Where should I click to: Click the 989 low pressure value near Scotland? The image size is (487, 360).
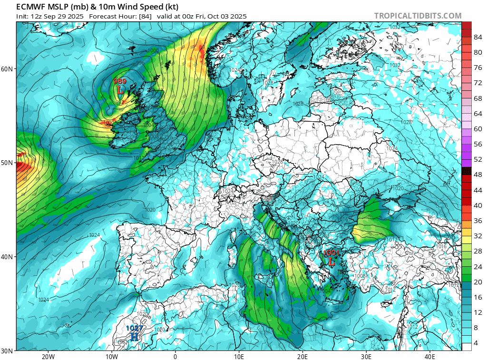tap(120, 82)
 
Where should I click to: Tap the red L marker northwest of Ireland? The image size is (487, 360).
tap(120, 89)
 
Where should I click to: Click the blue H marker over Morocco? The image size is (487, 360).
tap(134, 336)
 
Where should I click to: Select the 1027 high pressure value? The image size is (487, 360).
tap(134, 328)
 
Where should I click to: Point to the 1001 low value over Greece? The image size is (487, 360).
tap(331, 253)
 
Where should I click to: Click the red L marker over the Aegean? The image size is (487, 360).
tap(331, 262)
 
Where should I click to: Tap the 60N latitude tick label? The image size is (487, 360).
tap(7, 69)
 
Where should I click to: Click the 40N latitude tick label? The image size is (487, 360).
tap(7, 257)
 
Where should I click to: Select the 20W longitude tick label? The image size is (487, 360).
tap(48, 356)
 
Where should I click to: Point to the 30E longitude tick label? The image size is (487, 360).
tap(366, 356)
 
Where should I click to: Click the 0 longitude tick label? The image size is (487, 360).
tap(175, 356)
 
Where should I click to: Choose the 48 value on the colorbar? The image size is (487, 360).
tap(477, 175)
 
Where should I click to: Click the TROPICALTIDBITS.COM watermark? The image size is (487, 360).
tap(418, 16)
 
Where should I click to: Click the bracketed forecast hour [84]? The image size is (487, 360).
tap(146, 16)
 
